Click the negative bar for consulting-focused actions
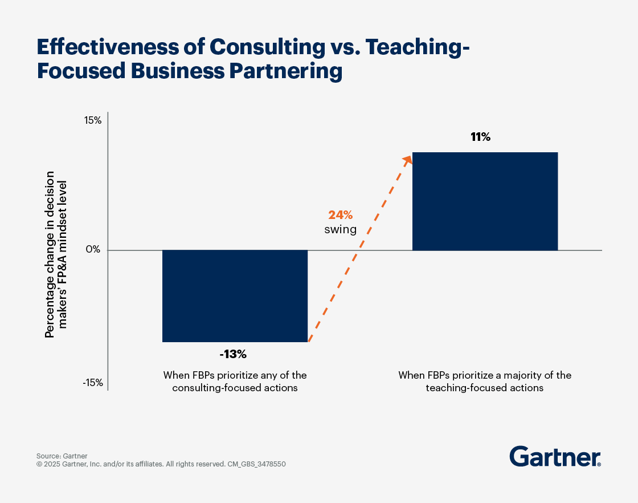click(x=235, y=296)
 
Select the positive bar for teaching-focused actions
click(x=485, y=201)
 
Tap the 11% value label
click(x=480, y=137)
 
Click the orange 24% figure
click(x=340, y=215)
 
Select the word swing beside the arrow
click(x=341, y=230)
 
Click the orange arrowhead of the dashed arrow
click(x=407, y=160)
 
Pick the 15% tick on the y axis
click(x=93, y=121)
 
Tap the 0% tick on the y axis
click(x=94, y=250)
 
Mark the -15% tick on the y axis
click(x=92, y=383)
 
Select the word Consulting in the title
click(x=256, y=47)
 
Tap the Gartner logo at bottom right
click(x=555, y=457)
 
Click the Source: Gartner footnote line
click(x=62, y=456)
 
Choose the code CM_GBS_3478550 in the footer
click(x=257, y=464)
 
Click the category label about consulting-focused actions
click(x=235, y=382)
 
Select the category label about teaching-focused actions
click(x=485, y=382)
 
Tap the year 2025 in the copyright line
click(x=53, y=464)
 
